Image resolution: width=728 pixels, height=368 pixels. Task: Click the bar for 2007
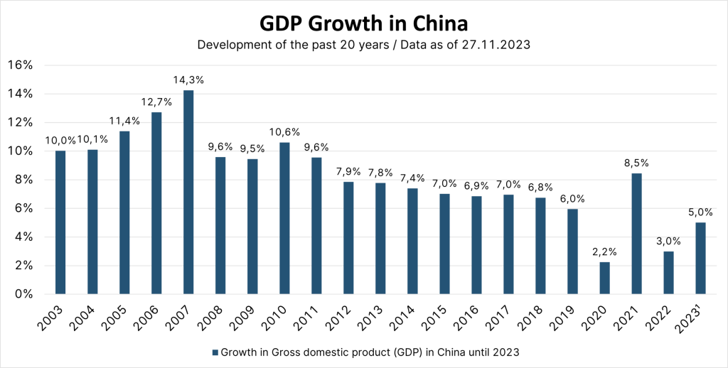(x=188, y=192)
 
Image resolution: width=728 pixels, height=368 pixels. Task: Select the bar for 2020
(x=604, y=278)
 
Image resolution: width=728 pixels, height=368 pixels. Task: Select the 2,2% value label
(x=604, y=251)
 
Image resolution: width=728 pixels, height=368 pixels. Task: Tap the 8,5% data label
(x=636, y=163)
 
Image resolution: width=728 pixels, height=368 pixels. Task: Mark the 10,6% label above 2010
(x=284, y=132)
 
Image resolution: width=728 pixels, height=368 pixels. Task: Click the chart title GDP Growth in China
(x=363, y=23)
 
